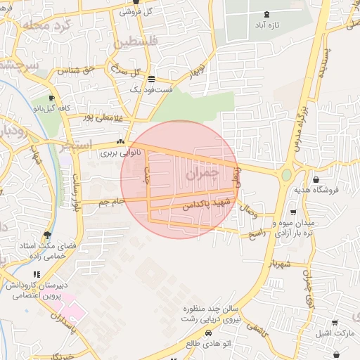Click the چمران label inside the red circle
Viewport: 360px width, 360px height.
coord(204,172)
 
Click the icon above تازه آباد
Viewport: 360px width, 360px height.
coord(266,14)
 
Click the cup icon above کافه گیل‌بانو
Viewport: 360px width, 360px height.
coord(51,98)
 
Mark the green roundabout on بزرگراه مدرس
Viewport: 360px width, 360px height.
coord(287,174)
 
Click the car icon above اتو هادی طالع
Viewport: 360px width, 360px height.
coord(208,333)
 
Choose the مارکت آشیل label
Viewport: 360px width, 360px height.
coord(333,332)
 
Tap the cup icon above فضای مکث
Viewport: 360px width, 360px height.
coord(47,235)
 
